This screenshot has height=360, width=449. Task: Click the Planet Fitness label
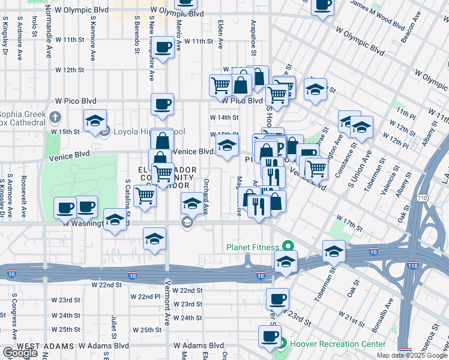pyautogui.click(x=252, y=247)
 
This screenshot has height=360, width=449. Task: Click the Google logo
pyautogui.click(x=20, y=353)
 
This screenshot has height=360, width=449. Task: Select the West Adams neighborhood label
pyautogui.click(x=41, y=346)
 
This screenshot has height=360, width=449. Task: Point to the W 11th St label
pyautogui.click(x=199, y=41)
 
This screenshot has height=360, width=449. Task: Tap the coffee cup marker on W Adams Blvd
pyautogui.click(x=270, y=336)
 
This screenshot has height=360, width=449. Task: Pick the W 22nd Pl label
pyautogui.click(x=145, y=296)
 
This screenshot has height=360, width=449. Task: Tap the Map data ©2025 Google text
pyautogui.click(x=411, y=355)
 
